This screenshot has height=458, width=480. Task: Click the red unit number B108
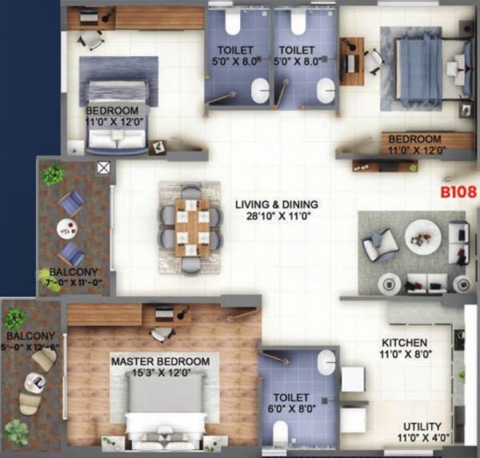click(457, 193)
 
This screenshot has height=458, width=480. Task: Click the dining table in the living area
click(191, 229)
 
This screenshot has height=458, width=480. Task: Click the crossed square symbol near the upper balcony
click(103, 168)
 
